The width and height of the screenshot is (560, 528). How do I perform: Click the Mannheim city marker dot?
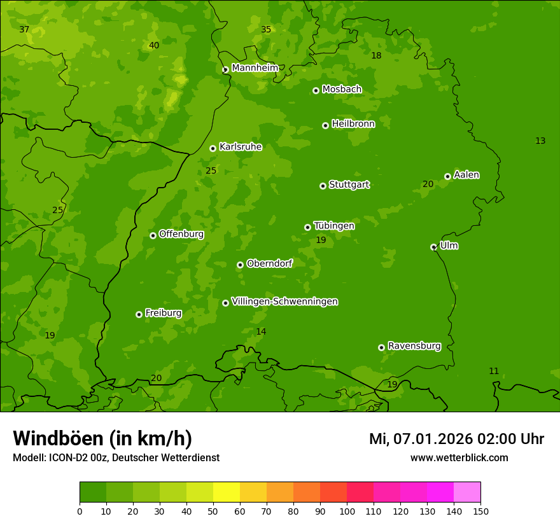pos(225,70)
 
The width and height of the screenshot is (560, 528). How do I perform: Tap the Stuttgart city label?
pos(349,185)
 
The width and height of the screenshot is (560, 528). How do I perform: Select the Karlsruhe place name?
pos(240,147)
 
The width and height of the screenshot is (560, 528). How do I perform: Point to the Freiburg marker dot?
pos(139,314)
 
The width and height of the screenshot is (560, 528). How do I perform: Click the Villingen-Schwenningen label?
pos(284,302)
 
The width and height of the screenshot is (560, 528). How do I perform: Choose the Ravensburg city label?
pos(414,346)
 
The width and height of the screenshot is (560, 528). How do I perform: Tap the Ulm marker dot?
pos(433,247)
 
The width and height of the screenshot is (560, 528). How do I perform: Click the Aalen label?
pos(466,175)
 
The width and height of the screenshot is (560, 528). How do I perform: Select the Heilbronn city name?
pos(353,124)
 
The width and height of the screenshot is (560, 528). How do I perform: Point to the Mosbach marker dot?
pos(316,90)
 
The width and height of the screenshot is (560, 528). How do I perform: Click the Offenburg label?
pos(181,234)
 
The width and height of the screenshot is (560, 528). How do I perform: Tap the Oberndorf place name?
pos(269,263)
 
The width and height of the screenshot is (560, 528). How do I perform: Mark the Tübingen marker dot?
pos(307,227)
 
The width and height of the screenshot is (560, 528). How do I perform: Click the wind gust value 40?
pos(154,45)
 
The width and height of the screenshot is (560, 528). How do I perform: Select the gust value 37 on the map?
pos(24,30)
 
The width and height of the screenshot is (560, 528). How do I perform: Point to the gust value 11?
pos(494,371)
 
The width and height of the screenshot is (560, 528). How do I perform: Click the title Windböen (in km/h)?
pos(102,438)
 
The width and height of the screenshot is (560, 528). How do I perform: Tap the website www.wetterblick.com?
pos(459,457)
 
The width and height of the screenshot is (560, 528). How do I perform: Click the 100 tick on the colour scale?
pos(347,511)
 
